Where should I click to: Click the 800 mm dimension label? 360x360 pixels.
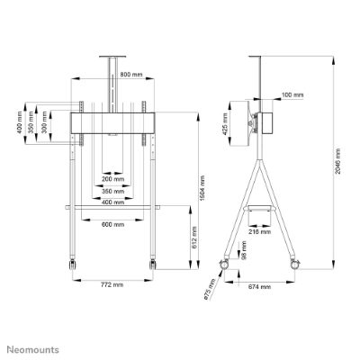point(131,74)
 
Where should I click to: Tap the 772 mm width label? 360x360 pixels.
point(112,284)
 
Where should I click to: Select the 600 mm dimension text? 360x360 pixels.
point(112,224)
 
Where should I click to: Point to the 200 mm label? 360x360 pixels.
point(112,179)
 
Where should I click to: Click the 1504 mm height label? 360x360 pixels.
point(202,188)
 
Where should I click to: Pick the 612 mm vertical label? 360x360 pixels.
point(194,237)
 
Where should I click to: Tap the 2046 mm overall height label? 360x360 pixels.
point(338,161)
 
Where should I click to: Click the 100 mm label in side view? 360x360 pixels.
point(292,95)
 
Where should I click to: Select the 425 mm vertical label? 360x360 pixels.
point(225,124)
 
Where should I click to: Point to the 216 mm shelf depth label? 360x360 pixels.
point(260,231)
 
